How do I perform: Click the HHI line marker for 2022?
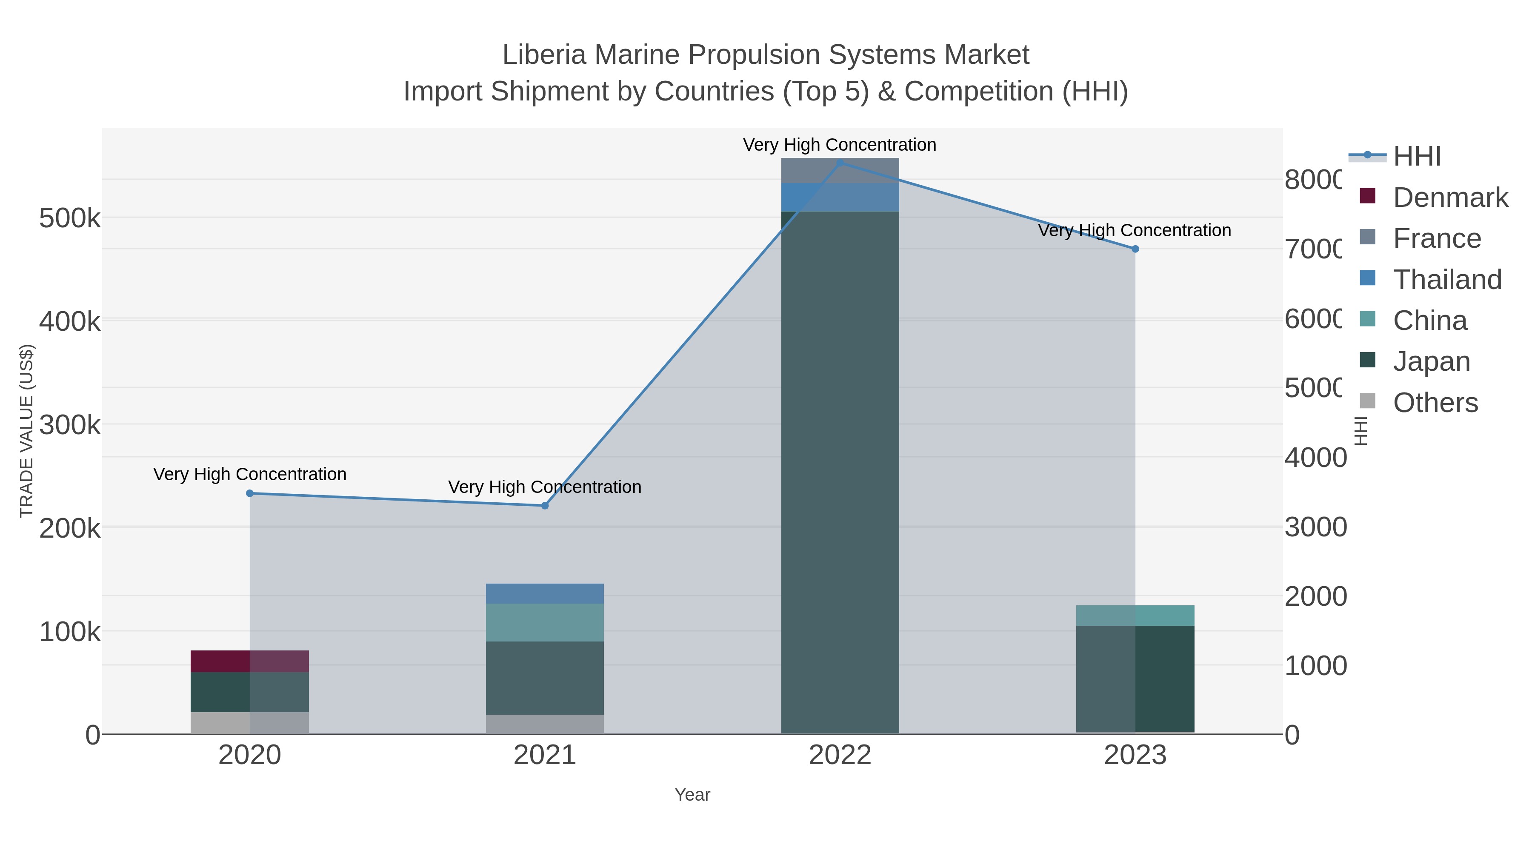pos(840,163)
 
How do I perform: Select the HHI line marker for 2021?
pos(545,506)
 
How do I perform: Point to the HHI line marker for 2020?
pos(250,493)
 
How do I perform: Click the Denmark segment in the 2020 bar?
pos(250,661)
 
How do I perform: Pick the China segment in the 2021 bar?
pos(545,622)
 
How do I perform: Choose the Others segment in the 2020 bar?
pos(250,722)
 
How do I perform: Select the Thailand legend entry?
pos(1447,280)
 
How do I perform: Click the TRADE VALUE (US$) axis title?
pos(27,431)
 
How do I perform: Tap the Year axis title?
pos(692,795)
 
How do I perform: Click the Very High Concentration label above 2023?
pos(1134,230)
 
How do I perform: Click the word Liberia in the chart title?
pos(544,55)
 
